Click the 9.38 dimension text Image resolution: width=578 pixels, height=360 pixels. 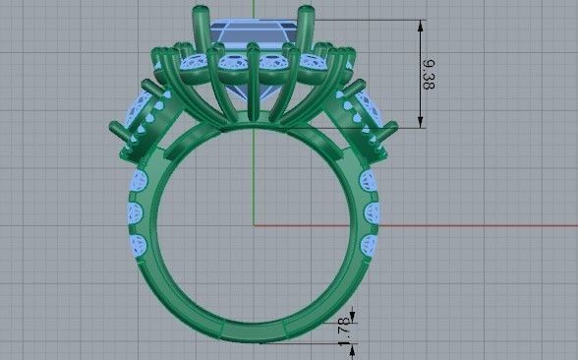tap(430, 74)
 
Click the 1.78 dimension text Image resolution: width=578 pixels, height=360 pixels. tap(343, 329)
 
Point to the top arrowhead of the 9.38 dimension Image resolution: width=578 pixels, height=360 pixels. tap(422, 24)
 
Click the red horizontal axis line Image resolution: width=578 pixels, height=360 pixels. tap(442, 225)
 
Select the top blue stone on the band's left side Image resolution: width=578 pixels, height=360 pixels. tap(137, 183)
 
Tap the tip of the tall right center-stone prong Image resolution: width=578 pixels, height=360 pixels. tap(317, 13)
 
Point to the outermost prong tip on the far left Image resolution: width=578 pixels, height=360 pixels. tap(110, 125)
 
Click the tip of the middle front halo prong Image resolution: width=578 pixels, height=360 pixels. tap(253, 47)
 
